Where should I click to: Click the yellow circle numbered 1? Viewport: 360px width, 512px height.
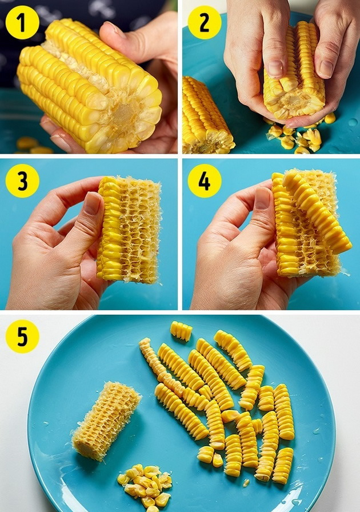tap(22, 22)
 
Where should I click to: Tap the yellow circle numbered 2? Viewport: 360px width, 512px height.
tap(205, 22)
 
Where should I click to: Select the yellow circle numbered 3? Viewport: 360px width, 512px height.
tap(22, 181)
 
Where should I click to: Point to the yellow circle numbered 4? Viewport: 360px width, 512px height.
tap(205, 181)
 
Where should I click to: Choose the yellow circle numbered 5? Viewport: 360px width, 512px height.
tap(22, 337)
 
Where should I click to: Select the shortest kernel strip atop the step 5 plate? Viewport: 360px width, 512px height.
tap(181, 331)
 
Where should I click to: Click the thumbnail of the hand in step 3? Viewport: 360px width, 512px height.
tap(93, 203)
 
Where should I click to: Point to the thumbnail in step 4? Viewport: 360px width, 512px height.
tap(262, 198)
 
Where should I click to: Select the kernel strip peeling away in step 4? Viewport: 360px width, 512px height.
tap(316, 212)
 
